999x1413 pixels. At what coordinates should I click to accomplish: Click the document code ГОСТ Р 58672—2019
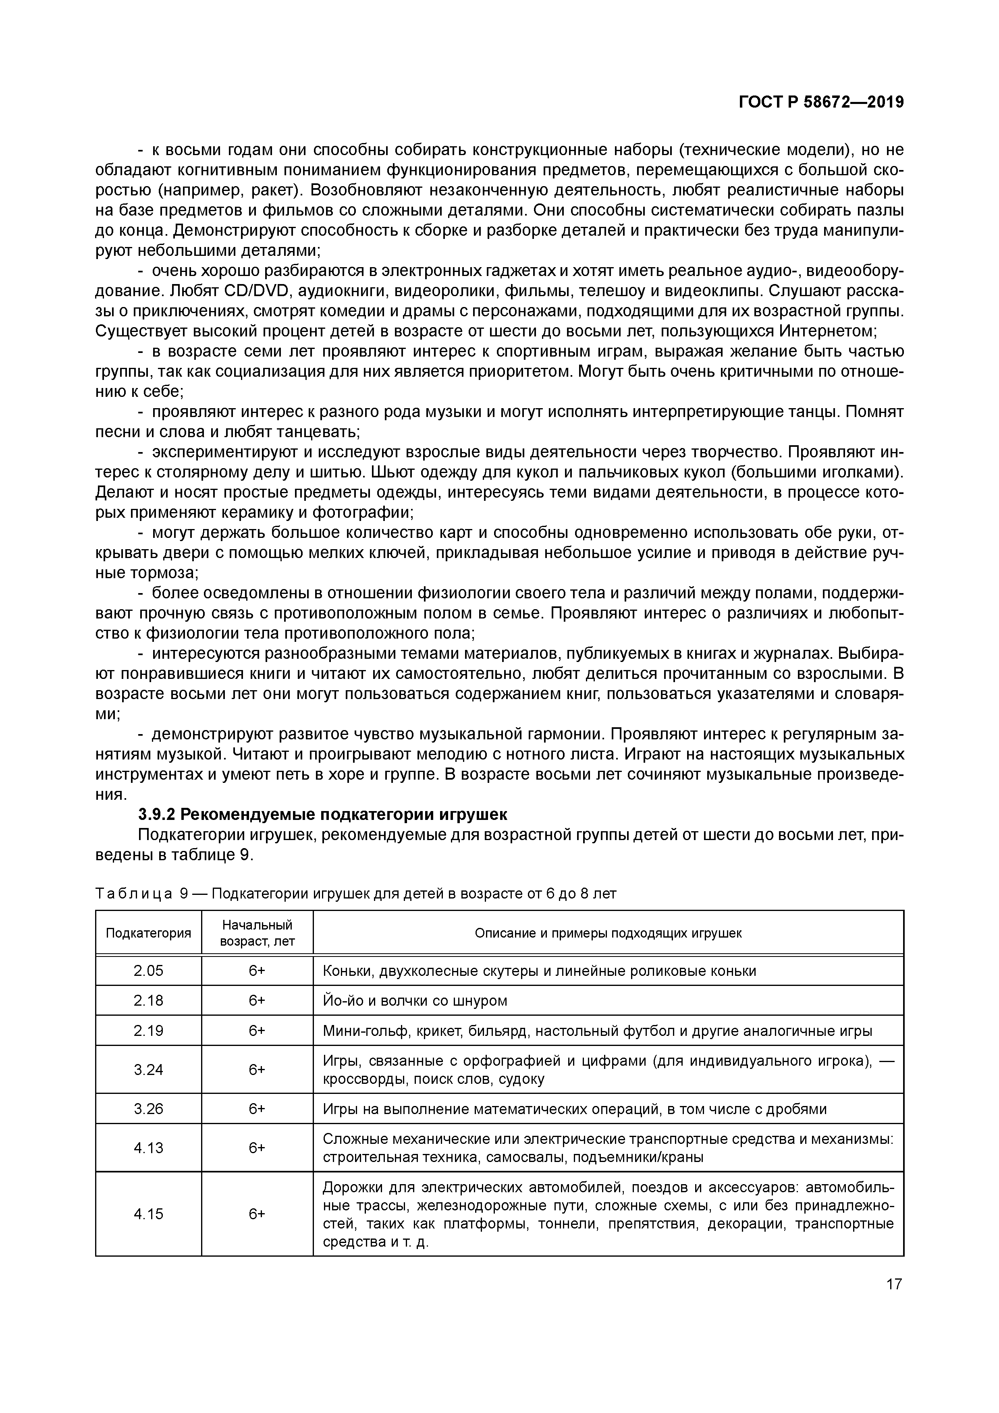(x=821, y=103)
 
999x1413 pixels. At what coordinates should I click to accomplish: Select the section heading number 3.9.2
(x=157, y=815)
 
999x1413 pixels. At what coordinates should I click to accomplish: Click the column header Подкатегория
(x=148, y=933)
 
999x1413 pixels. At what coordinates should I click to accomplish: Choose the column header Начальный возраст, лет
(x=257, y=933)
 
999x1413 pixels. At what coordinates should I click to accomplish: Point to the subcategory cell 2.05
(x=148, y=971)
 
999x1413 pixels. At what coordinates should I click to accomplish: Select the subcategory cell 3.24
(x=148, y=1070)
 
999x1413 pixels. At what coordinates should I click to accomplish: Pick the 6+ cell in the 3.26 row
(x=257, y=1109)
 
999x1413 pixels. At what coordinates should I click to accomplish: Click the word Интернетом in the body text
(x=827, y=331)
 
